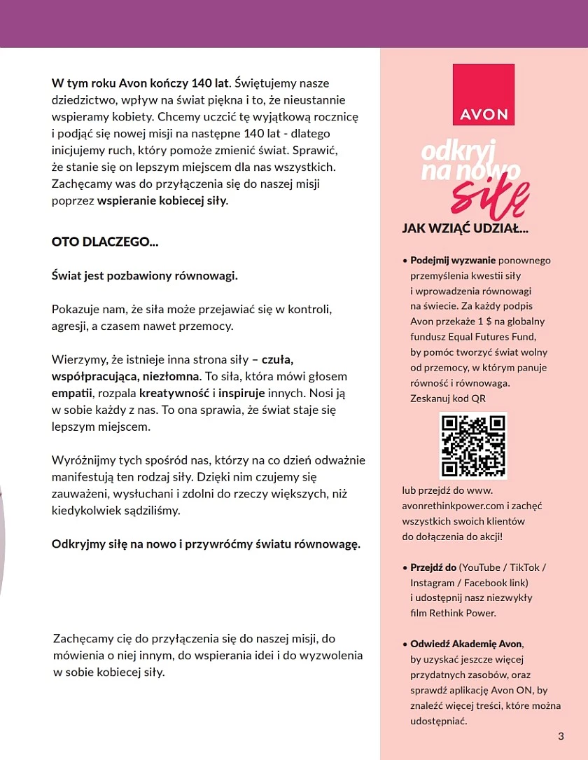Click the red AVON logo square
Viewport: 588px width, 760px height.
click(484, 95)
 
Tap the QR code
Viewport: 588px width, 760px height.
click(472, 445)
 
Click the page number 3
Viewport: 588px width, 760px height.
click(561, 735)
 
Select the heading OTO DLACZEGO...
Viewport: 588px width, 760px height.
click(105, 242)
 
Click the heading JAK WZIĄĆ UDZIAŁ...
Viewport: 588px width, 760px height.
click(465, 228)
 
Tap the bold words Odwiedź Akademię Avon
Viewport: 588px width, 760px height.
click(466, 644)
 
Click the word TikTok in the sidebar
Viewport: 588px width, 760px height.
click(524, 567)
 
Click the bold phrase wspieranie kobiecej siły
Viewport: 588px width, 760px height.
click(162, 201)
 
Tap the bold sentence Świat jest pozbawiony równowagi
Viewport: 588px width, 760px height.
click(145, 275)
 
